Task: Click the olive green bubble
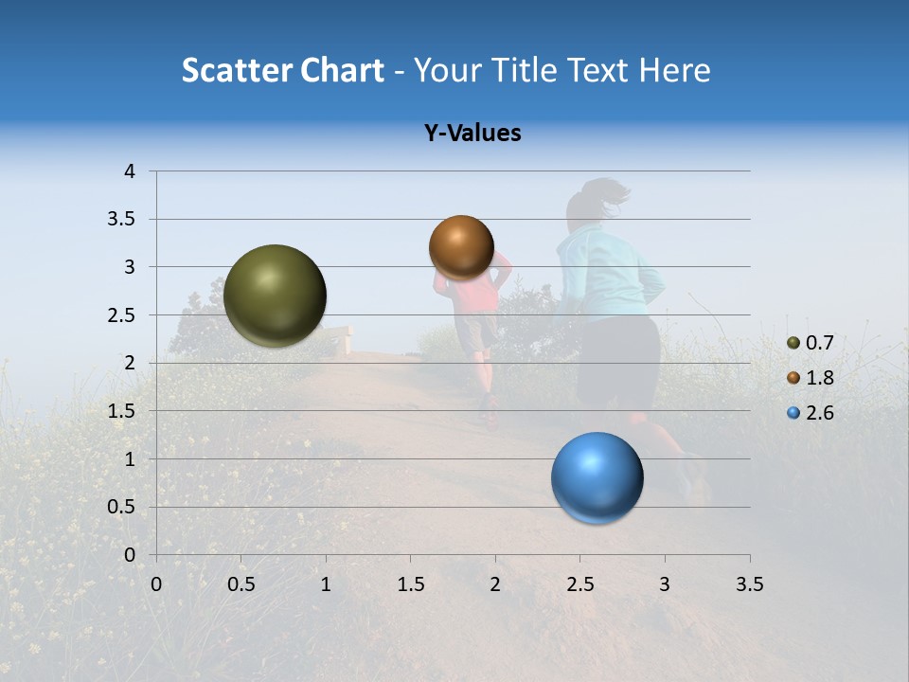(x=275, y=296)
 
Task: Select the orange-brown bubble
(x=461, y=247)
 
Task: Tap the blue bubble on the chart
(x=597, y=477)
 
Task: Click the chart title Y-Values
(x=472, y=134)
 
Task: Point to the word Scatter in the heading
(x=237, y=70)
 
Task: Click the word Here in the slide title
(x=674, y=70)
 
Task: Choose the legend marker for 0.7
(x=793, y=343)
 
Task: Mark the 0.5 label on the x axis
(x=241, y=584)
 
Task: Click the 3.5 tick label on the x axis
(x=749, y=584)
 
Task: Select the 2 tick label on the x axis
(x=495, y=584)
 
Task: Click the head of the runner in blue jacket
(x=593, y=202)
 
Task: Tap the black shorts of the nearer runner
(x=617, y=360)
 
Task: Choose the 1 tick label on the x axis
(x=326, y=584)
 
